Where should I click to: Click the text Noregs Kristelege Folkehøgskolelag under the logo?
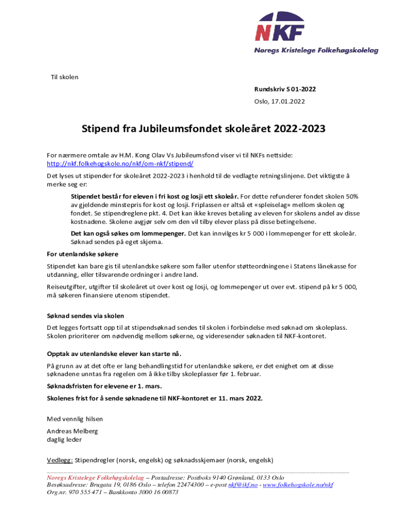(x=316, y=50)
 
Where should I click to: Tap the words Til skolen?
(x=64, y=77)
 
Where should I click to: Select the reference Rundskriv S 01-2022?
(x=285, y=89)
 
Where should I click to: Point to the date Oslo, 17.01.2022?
(x=279, y=101)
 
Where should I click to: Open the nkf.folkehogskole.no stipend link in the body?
(x=120, y=163)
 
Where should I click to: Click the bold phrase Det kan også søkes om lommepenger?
(x=128, y=233)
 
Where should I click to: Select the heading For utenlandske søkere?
(x=83, y=254)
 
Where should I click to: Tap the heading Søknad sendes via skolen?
(x=85, y=316)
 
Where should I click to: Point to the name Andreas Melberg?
(x=72, y=431)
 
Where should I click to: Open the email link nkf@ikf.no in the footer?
(x=243, y=484)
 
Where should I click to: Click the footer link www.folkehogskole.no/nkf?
(x=298, y=484)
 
